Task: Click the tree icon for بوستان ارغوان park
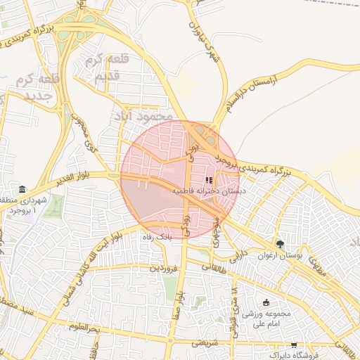[281, 244]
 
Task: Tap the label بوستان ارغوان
[280, 256]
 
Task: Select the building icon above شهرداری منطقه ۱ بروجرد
[22, 191]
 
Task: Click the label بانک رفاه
[155, 238]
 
